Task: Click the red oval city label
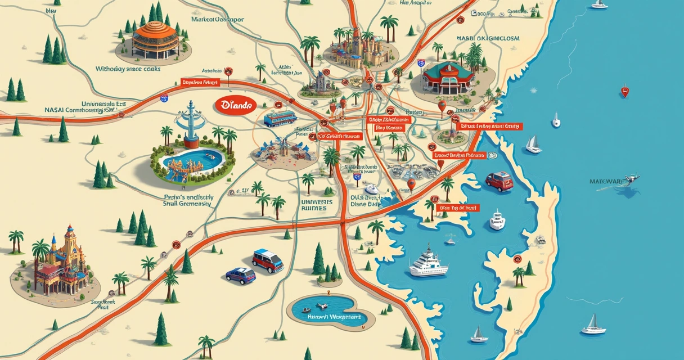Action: (235, 105)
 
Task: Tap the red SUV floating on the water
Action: (499, 182)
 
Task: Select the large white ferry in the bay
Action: (429, 263)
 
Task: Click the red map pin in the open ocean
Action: (624, 91)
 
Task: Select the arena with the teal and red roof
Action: (448, 79)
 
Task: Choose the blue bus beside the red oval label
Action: (280, 118)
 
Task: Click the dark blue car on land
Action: (240, 275)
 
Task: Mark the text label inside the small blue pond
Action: (334, 317)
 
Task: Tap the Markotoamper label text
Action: (217, 19)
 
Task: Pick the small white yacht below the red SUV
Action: (497, 220)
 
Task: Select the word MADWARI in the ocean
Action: (604, 182)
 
